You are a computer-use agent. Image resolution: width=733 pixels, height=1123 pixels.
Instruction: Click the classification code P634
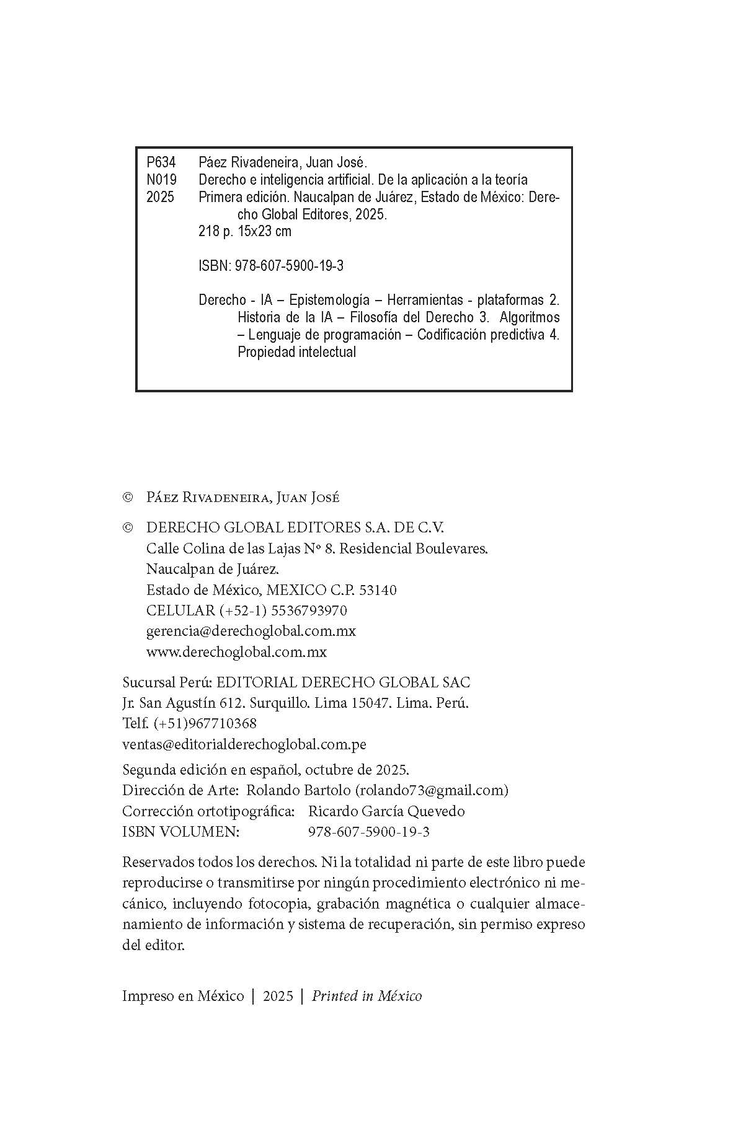click(161, 162)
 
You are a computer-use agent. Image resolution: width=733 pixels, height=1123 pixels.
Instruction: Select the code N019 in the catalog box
click(161, 180)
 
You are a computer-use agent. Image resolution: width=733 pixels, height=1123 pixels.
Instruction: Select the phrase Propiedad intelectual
click(297, 352)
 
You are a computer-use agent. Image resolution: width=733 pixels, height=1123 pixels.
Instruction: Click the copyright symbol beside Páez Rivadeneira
click(128, 498)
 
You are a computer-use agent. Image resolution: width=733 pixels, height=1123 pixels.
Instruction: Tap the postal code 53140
click(378, 590)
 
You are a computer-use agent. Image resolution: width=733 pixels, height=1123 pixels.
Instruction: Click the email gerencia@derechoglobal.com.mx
click(251, 631)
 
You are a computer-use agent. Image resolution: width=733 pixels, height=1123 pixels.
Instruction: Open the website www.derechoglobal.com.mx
click(236, 652)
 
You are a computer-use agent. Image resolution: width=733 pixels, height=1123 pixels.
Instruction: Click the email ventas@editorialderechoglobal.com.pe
click(244, 744)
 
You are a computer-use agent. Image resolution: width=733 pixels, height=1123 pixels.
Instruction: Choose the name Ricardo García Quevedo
click(386, 811)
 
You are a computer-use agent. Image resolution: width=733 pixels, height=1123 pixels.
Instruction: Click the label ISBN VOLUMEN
click(180, 832)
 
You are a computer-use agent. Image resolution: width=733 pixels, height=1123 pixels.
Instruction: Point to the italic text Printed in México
click(366, 996)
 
